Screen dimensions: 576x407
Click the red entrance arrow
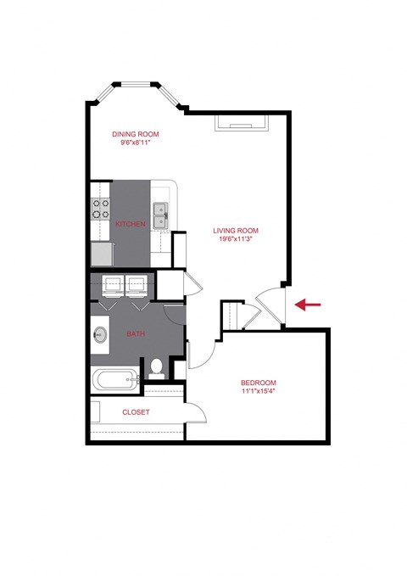tap(307, 304)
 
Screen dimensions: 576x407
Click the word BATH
tap(136, 333)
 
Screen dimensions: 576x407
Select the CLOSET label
tap(136, 412)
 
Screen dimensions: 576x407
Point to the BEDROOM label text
tap(258, 383)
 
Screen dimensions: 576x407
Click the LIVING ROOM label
tap(236, 230)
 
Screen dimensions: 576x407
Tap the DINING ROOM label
tap(136, 134)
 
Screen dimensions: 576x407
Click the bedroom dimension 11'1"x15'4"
tap(258, 392)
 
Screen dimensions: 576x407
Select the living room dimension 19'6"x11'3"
tap(236, 239)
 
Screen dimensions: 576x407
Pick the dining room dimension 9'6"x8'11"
tap(136, 143)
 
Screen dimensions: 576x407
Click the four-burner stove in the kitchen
tap(102, 209)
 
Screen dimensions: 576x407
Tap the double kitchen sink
tap(159, 215)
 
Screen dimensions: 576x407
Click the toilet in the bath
tap(156, 366)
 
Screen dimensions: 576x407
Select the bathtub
tap(115, 380)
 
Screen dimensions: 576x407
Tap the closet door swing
tap(196, 411)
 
